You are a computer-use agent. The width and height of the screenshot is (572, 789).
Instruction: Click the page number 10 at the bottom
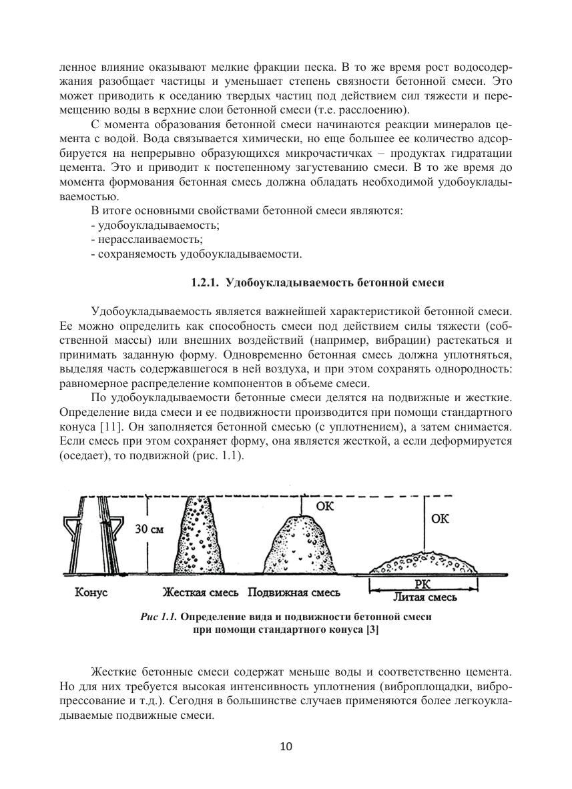point(286,746)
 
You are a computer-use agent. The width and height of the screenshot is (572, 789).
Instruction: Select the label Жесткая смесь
point(202,593)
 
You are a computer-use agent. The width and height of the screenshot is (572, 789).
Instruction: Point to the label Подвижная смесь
point(294,593)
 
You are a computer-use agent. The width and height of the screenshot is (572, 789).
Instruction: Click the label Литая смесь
point(424,597)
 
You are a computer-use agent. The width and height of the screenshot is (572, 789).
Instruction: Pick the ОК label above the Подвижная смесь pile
point(324,507)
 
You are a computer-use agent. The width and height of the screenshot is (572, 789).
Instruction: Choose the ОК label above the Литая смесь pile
point(441,519)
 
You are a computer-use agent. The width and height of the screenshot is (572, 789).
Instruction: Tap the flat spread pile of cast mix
point(424,564)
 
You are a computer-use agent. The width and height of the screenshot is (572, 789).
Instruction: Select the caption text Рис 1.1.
point(159,617)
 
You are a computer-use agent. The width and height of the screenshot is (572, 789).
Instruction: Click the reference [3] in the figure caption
point(372,630)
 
